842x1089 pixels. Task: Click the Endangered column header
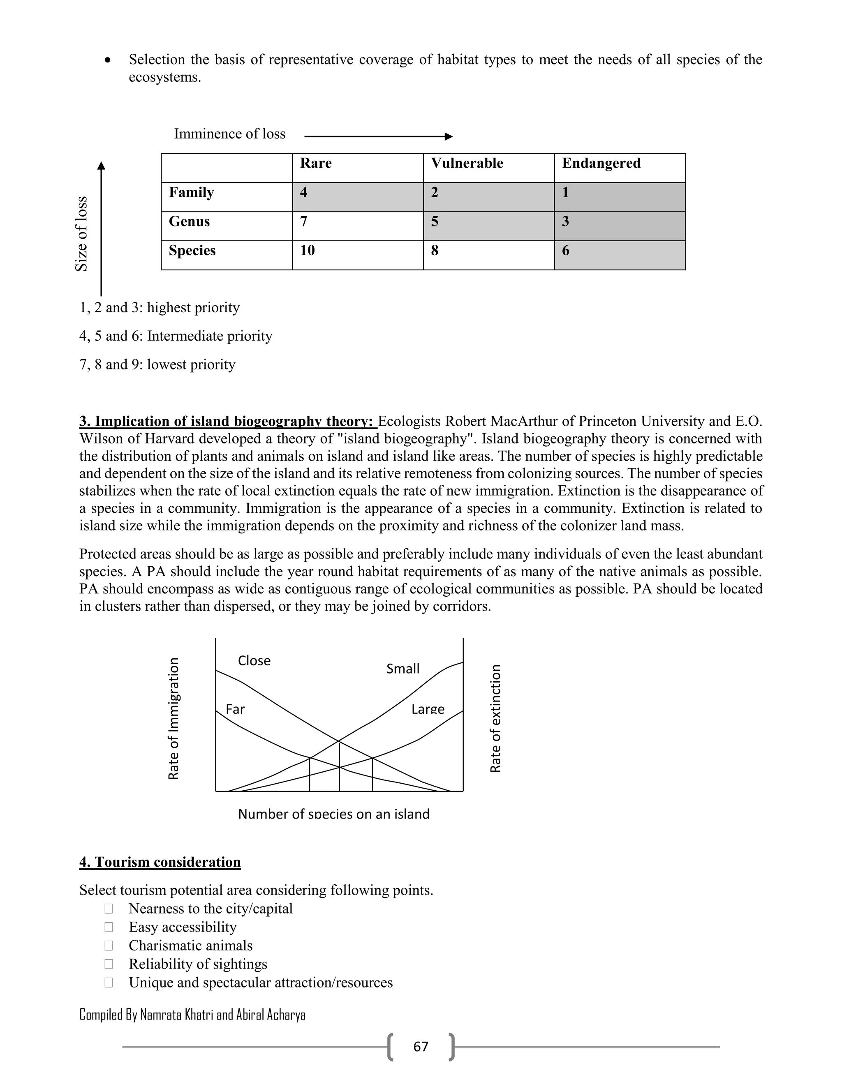coord(601,164)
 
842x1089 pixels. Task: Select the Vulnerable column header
coord(467,164)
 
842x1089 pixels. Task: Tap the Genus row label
coord(189,221)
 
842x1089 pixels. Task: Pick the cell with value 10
coord(307,250)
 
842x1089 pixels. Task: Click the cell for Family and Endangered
coord(620,197)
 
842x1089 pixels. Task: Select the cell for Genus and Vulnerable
coord(488,226)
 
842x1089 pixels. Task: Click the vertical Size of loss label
coord(81,234)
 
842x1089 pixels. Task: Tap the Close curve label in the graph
coord(254,661)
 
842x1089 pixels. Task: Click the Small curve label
coord(402,669)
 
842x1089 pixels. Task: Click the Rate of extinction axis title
coord(495,718)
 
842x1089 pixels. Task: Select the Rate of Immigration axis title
coord(173,718)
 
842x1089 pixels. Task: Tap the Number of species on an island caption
coord(334,814)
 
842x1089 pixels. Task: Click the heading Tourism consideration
coord(160,862)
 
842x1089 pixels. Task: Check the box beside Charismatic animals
coord(108,946)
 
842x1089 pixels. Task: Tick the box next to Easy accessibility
coord(108,927)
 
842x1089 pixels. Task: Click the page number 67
coord(421,1046)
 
